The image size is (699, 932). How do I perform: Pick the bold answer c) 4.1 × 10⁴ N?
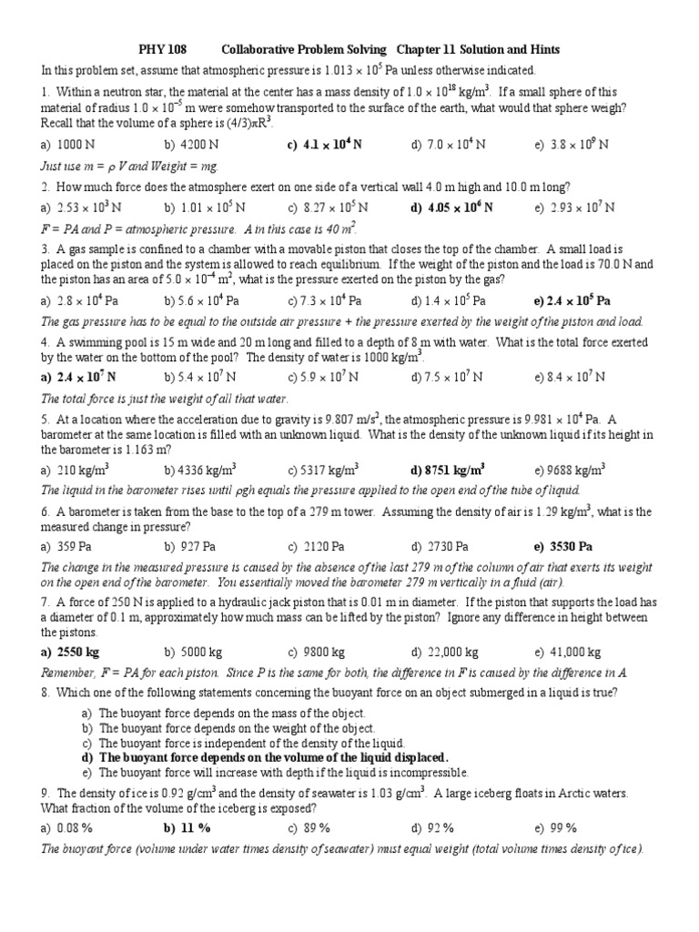325,145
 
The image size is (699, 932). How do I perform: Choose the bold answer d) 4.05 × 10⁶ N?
452,208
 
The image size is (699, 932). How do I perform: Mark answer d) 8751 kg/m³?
447,471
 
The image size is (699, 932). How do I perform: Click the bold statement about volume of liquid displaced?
265,757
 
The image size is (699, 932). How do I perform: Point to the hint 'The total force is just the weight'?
165,399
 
